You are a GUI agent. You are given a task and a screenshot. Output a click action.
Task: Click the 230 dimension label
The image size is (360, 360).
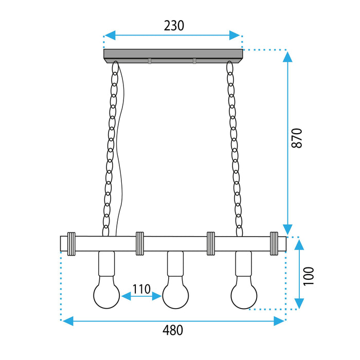coord(173,25)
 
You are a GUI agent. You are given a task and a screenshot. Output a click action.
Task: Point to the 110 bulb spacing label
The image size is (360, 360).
coord(141,289)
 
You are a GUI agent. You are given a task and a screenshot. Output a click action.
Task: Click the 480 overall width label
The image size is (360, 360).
coord(173,330)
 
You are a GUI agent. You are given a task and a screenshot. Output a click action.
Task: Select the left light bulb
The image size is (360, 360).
coord(106,294)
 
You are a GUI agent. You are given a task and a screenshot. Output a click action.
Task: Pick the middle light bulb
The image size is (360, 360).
coord(175,294)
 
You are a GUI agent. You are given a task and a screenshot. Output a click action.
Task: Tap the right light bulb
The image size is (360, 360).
coord(244,294)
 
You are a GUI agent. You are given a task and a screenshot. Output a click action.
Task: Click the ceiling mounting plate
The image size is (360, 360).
coord(173,55)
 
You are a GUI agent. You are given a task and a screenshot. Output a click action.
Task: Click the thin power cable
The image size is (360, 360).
coord(121,154)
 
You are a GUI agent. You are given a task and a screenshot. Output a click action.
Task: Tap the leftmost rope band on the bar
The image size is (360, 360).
coord(71,243)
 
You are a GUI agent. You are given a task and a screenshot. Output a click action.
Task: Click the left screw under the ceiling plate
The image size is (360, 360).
coord(150,62)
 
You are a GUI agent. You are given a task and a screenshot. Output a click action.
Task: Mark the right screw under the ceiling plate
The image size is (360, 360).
coord(194,62)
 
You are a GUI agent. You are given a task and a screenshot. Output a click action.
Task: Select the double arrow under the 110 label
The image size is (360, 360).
coord(141,296)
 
